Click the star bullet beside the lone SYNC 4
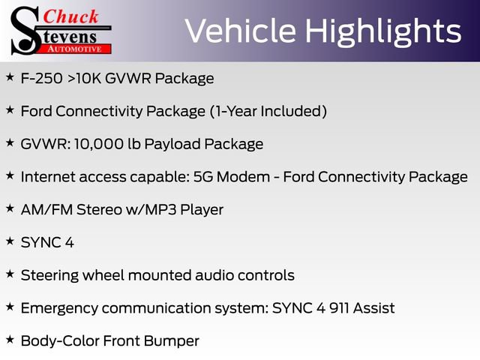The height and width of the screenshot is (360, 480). (x=10, y=241)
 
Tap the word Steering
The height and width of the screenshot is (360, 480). (x=51, y=275)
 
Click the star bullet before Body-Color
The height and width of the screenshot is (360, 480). (x=10, y=340)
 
